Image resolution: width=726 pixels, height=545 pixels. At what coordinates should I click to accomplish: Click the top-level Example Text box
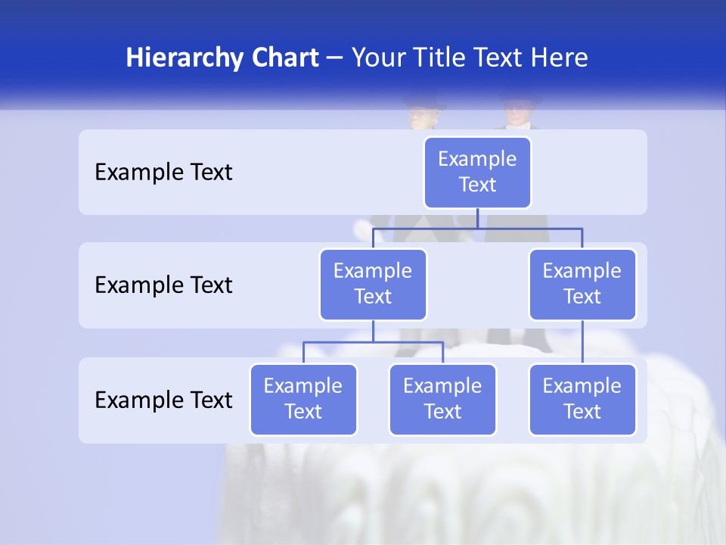[477, 172]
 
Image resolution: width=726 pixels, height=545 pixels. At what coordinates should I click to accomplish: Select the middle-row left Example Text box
[373, 284]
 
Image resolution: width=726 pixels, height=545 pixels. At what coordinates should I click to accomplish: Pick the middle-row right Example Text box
[582, 284]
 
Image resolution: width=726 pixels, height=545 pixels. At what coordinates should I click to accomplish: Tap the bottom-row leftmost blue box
[303, 399]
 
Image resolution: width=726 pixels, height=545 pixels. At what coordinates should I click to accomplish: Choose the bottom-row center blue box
[442, 399]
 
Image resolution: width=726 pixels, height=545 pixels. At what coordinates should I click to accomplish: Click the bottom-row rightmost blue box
[582, 399]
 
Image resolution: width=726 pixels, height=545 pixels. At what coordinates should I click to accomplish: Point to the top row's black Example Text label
[163, 173]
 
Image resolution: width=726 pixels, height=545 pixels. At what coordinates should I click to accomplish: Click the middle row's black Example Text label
[163, 285]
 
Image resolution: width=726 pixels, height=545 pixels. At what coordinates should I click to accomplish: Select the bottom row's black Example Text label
[163, 400]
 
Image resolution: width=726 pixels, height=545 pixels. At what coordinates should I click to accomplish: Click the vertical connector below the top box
[477, 218]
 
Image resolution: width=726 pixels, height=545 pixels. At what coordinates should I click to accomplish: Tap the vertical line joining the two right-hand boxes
[582, 342]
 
